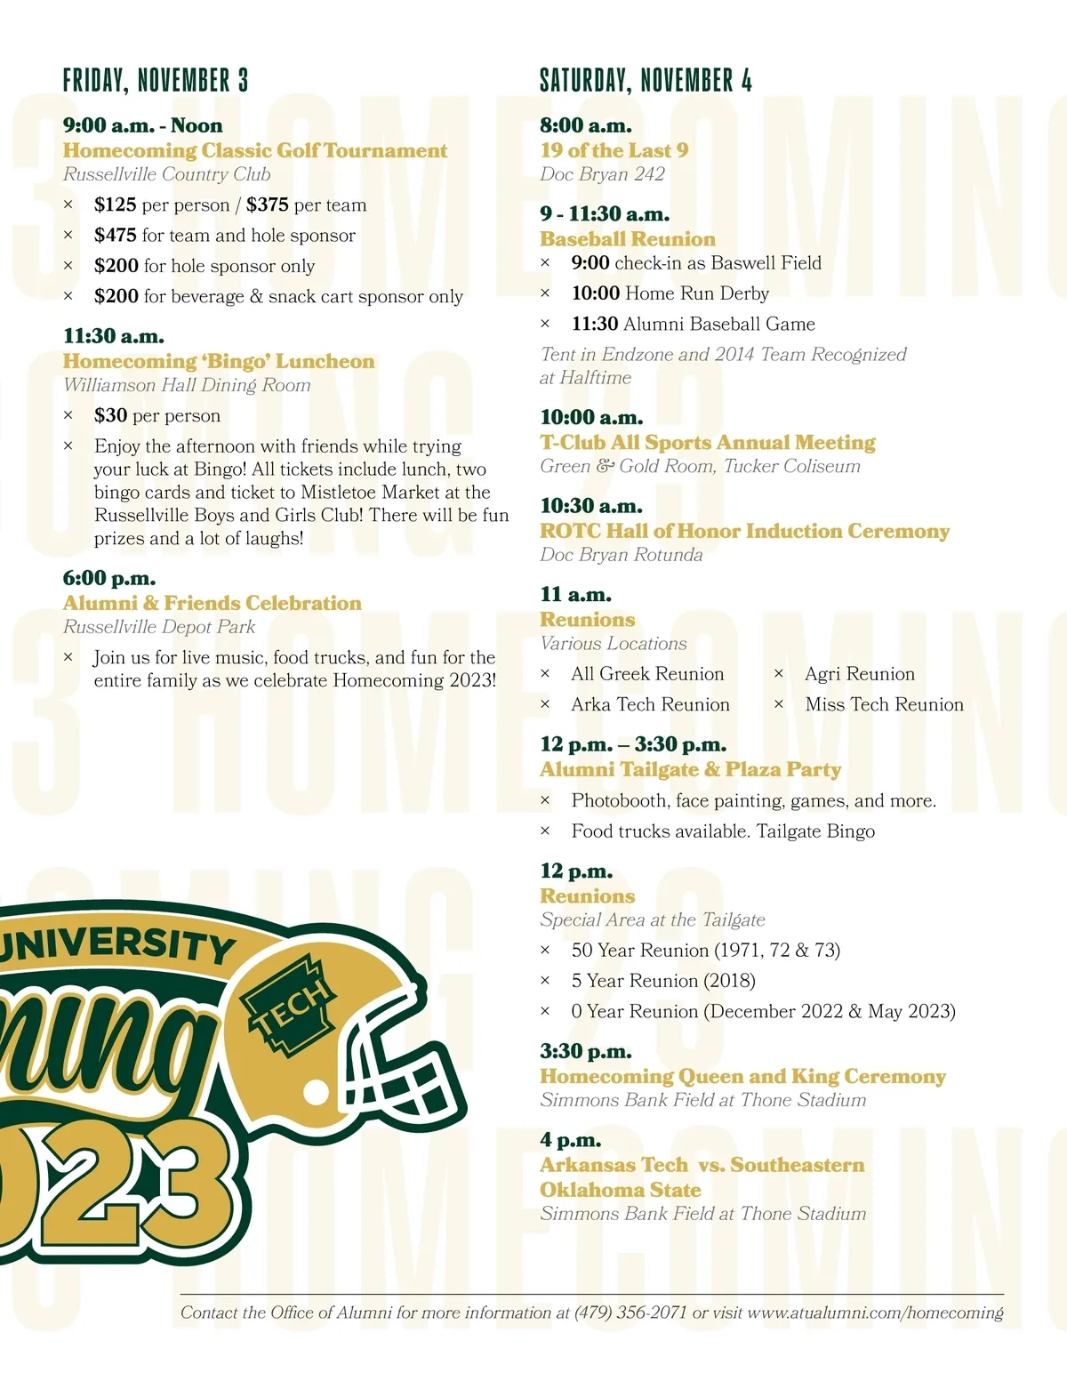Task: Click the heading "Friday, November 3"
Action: [x=156, y=81]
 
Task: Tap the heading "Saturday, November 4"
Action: [x=646, y=81]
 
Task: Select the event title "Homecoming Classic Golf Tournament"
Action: [x=255, y=150]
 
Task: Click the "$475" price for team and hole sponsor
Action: [x=116, y=235]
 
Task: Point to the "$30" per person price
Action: [x=110, y=415]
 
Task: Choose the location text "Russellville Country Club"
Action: [x=166, y=174]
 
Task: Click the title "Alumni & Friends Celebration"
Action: [x=213, y=603]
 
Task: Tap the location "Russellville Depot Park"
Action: [x=159, y=627]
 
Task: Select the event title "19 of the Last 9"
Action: [x=614, y=150]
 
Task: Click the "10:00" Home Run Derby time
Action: [x=595, y=293]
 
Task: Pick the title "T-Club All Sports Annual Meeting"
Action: [x=708, y=442]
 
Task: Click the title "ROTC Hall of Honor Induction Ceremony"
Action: [x=744, y=531]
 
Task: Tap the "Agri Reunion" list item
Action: [x=859, y=674]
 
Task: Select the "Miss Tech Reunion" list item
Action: [x=884, y=704]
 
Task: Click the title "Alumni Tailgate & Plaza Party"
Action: [x=690, y=769]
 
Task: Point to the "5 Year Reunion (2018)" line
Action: [x=663, y=981]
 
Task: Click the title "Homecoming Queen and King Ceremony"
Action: [x=742, y=1076]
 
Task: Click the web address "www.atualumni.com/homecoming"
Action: [x=875, y=1313]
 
